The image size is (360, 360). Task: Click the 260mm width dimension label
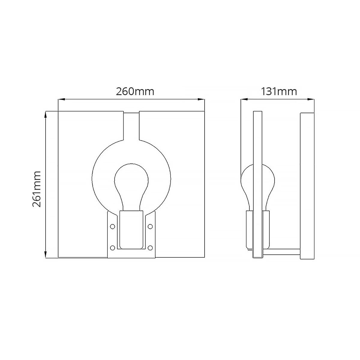[135, 91]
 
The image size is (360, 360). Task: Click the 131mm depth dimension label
[279, 91]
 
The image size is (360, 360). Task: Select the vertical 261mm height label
[37, 189]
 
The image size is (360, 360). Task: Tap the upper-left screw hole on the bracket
[113, 226]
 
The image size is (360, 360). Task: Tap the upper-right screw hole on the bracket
[150, 226]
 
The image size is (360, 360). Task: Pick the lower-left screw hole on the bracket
[113, 248]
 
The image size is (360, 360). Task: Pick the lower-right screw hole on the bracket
[150, 248]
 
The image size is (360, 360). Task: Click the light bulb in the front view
[131, 183]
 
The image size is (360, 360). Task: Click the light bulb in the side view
[258, 186]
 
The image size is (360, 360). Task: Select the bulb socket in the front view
[131, 229]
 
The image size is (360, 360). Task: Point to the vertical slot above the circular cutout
[131, 126]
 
